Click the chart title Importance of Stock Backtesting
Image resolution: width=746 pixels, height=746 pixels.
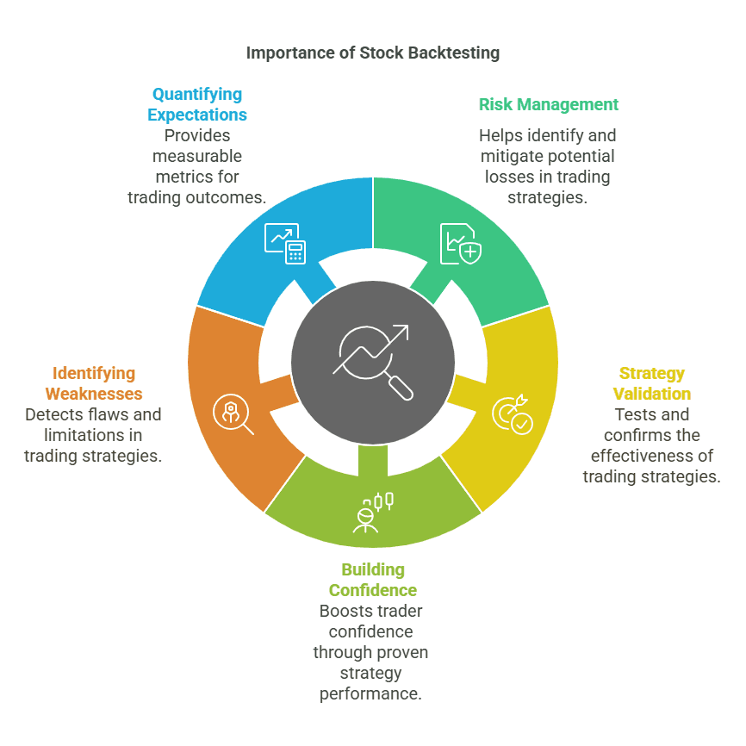click(372, 53)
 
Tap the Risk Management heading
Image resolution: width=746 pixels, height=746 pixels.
click(548, 104)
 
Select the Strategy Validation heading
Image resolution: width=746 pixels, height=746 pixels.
click(651, 383)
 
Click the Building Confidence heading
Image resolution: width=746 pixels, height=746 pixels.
click(372, 580)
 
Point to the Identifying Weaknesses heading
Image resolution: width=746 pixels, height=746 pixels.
click(93, 383)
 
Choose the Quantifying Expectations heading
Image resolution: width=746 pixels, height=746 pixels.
click(196, 104)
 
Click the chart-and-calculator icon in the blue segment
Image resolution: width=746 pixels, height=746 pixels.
click(284, 242)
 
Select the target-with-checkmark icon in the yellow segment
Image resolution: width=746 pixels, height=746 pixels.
click(512, 414)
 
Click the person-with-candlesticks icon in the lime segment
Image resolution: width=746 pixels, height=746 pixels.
click(373, 511)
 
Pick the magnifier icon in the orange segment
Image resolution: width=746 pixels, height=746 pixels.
click(233, 414)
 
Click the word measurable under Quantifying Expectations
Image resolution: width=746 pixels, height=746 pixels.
click(196, 156)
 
